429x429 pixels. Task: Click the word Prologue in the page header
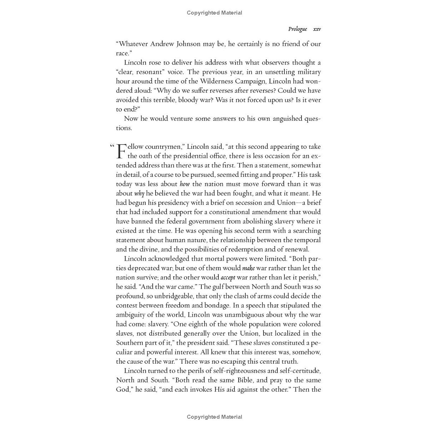point(297,29)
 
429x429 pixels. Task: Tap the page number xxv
point(317,29)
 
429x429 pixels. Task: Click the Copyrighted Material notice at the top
point(214,13)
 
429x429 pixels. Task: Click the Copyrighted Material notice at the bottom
point(214,417)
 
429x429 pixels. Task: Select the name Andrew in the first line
point(162,44)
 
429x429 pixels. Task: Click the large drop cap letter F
point(121,151)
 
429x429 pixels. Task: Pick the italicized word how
point(185,184)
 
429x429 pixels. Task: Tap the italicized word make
point(248,268)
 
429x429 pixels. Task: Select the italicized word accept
point(228,277)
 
